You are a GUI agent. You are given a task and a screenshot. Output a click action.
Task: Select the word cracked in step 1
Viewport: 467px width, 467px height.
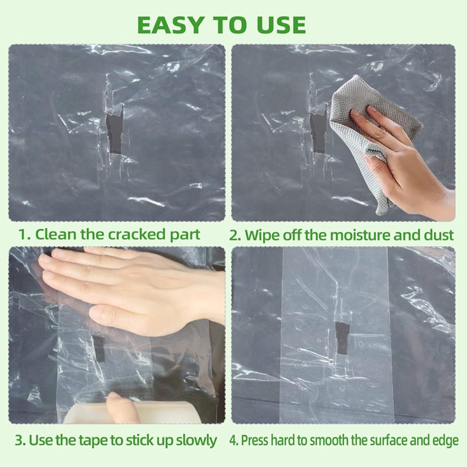coord(136,234)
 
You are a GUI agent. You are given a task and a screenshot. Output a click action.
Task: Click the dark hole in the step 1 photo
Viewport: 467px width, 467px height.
coord(115,134)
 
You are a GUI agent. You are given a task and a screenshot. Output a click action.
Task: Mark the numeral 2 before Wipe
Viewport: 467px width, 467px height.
coord(234,235)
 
